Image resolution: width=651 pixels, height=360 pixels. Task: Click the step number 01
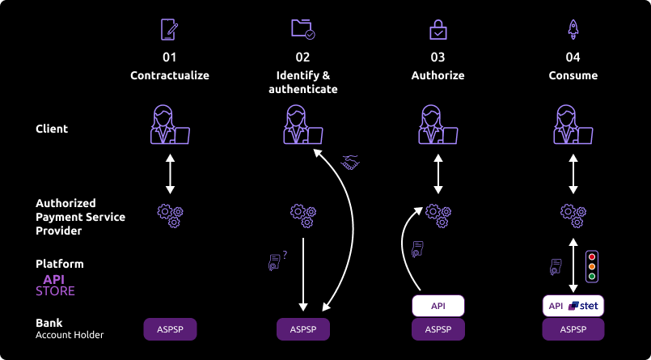pos(170,57)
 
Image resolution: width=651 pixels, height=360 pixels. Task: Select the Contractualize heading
pos(170,75)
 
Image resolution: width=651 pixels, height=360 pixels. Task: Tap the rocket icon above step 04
pos(573,29)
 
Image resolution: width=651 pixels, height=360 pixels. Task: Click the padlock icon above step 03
pos(438,30)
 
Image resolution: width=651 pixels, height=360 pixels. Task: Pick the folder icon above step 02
pos(302,29)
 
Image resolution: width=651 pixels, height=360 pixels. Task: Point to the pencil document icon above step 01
pos(170,30)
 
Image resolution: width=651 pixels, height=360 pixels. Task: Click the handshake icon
pos(350,163)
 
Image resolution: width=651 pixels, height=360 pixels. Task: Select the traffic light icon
pos(592,265)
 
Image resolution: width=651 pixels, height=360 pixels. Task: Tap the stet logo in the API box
pos(583,306)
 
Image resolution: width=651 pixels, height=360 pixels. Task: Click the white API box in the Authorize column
pos(438,306)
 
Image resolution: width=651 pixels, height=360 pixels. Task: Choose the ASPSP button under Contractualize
pos(170,329)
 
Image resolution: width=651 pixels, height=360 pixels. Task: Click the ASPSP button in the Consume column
pos(573,329)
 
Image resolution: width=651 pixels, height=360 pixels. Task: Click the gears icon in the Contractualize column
pos(170,214)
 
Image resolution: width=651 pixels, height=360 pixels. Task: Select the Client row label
pos(52,129)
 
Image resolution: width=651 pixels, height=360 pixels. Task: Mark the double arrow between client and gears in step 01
pos(170,173)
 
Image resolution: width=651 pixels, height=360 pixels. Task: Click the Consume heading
pos(573,75)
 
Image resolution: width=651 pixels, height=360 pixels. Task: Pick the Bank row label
pos(49,323)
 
